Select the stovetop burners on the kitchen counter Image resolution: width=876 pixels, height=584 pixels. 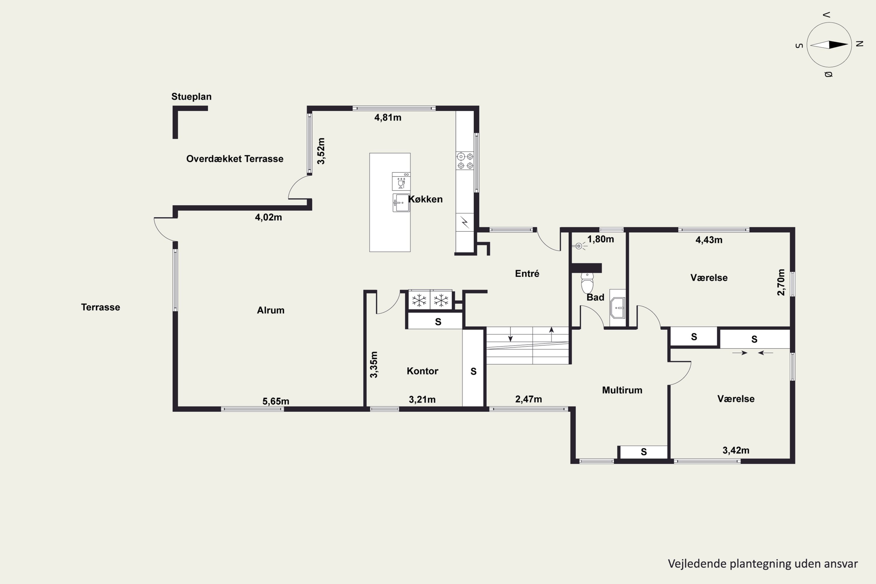tap(465, 161)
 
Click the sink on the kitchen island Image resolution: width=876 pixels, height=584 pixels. tap(401, 203)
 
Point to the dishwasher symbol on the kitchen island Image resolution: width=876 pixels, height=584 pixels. tap(401, 181)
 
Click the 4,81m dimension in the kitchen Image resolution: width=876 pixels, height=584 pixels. tap(388, 118)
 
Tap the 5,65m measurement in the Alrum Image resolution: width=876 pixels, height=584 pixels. tap(276, 401)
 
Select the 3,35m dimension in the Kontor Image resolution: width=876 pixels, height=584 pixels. tap(373, 365)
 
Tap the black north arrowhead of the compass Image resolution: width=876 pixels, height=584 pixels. tap(838, 45)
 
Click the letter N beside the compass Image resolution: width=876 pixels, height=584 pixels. tap(860, 44)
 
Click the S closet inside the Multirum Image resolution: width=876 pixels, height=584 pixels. tap(644, 452)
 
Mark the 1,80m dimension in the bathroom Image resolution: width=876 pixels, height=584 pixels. tap(600, 239)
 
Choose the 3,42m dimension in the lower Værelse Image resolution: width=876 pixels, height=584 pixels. tap(736, 450)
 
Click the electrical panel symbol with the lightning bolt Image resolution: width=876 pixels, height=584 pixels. tap(465, 222)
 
